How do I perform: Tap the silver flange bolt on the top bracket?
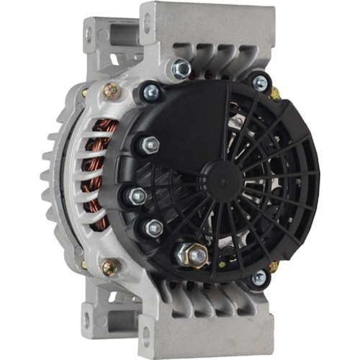point(181,70)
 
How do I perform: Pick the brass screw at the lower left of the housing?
point(111,268)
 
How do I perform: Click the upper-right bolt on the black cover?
point(260,84)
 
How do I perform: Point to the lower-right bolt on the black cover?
point(258,276)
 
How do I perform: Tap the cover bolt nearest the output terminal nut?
point(154,229)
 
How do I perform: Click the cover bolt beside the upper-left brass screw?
point(151,92)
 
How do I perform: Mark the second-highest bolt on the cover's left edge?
point(150,145)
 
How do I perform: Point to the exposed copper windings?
point(98,173)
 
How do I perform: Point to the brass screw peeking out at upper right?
point(275,94)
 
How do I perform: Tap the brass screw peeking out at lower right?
point(274,267)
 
